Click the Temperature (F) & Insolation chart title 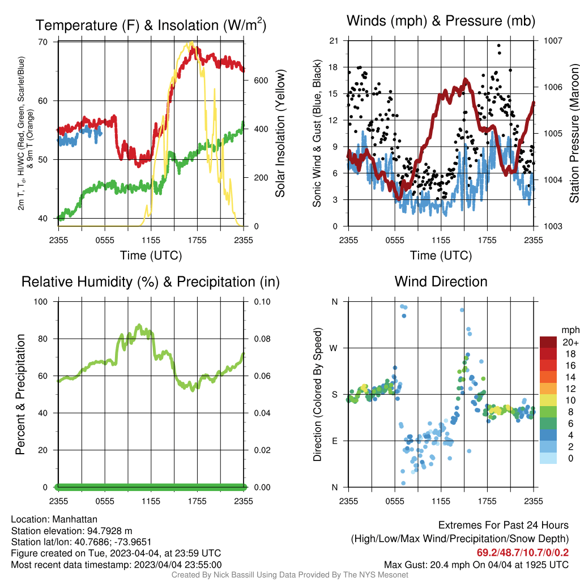tap(151, 25)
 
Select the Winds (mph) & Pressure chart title tap(441, 21)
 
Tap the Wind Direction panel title tap(441, 282)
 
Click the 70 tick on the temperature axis tap(43, 42)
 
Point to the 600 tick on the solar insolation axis tap(261, 80)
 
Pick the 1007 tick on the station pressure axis tap(553, 41)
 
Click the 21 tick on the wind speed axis tap(334, 41)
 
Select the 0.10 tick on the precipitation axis tap(262, 302)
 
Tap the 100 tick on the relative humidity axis tap(41, 302)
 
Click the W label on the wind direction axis tap(334, 348)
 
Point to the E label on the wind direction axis tap(334, 441)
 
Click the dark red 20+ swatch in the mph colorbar tap(548, 342)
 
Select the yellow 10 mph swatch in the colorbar tap(548, 400)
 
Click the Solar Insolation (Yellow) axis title tap(280, 133)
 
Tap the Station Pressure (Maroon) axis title tap(574, 133)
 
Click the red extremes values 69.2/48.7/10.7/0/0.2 tap(523, 553)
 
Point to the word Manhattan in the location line tap(75, 519)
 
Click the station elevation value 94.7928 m tap(109, 531)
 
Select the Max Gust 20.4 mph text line tap(476, 565)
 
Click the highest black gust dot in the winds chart tap(498, 45)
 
